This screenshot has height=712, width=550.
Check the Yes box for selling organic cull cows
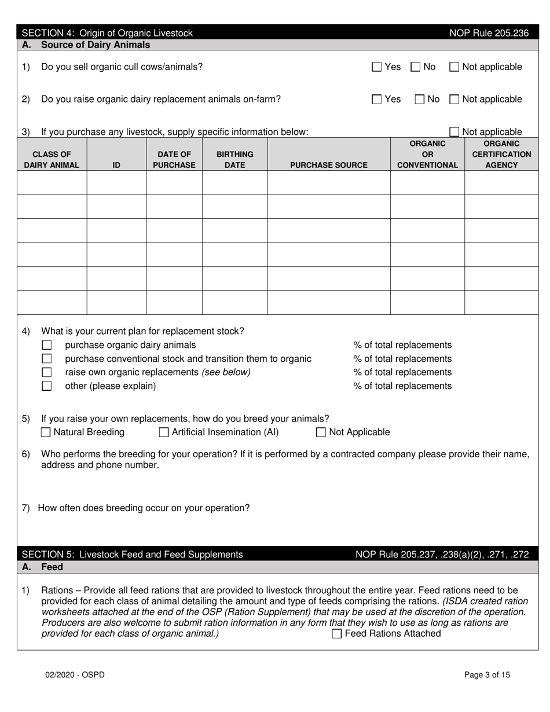376,67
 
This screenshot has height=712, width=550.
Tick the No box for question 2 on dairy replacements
421,100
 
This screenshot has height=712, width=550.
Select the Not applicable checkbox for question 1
454,67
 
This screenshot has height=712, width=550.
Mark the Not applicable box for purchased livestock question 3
454,132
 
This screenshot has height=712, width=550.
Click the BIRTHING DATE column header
234,160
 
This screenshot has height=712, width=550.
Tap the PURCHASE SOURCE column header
328,165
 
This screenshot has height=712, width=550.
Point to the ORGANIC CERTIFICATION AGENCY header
501,154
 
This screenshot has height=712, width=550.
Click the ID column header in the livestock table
116,165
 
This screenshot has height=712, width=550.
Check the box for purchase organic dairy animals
47,345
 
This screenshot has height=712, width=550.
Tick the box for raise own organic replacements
47,372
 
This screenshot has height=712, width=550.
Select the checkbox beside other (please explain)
47,386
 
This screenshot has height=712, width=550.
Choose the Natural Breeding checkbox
46,432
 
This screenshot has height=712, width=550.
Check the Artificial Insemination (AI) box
164,432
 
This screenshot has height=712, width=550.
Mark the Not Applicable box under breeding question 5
321,432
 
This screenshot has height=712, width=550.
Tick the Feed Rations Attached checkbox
336,634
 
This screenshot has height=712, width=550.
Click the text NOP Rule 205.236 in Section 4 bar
489,33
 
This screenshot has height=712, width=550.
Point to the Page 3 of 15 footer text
487,674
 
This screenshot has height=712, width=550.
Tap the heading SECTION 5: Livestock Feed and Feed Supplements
132,555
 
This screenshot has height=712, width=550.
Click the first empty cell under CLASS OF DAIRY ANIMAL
52,183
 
